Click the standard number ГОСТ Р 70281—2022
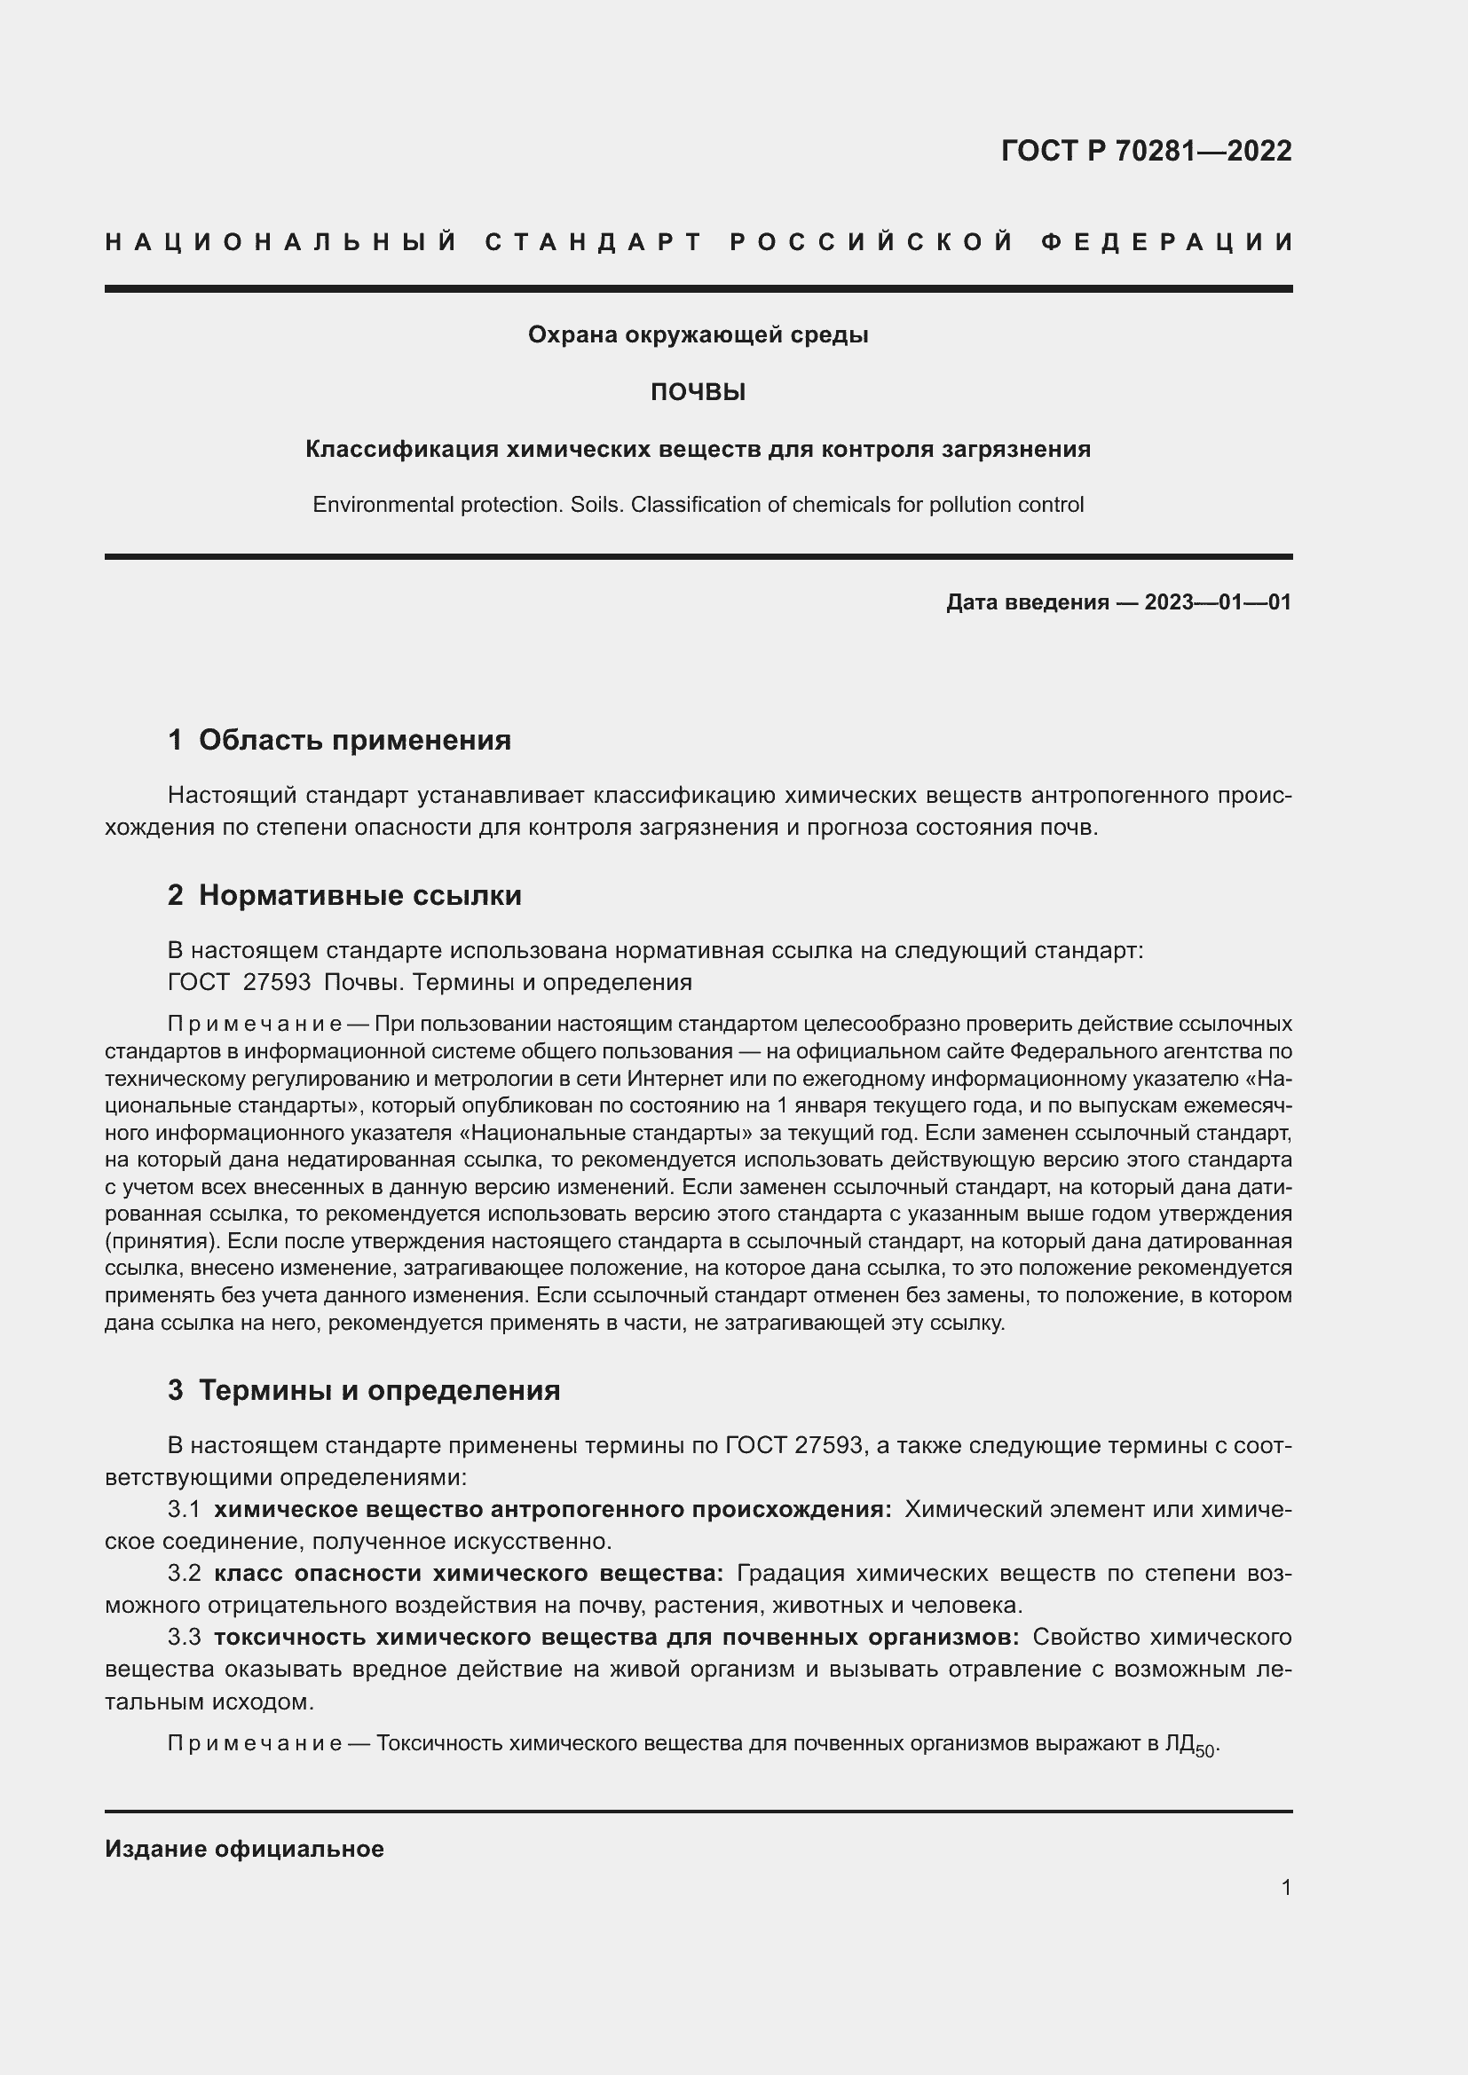coord(1145,151)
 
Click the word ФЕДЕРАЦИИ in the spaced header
coord(1167,242)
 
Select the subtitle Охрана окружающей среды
coord(698,335)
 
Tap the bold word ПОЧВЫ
coord(698,392)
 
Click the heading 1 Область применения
coord(339,740)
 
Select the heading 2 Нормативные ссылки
coord(344,896)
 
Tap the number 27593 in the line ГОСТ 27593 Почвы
coord(277,982)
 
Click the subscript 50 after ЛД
coord(1205,1752)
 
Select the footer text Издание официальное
coord(244,1849)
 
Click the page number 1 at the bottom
coord(1286,1887)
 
